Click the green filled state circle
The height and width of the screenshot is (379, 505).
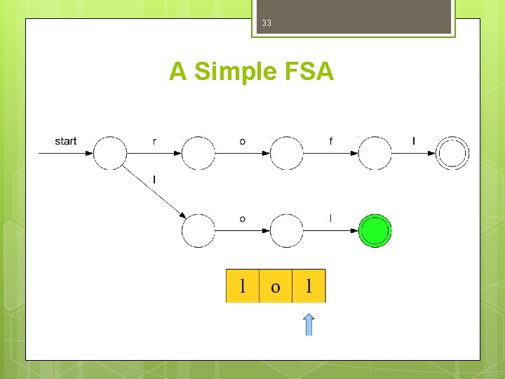(x=375, y=230)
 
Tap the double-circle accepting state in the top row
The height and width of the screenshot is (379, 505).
(x=452, y=153)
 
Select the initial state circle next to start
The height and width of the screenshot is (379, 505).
(x=110, y=153)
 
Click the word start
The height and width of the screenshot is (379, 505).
(x=66, y=141)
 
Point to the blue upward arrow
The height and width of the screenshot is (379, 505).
(x=309, y=324)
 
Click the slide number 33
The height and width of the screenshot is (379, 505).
(x=267, y=23)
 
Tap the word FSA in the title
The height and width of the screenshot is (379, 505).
(x=306, y=72)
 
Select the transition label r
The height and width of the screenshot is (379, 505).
(x=154, y=142)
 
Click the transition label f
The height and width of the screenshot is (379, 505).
(x=331, y=142)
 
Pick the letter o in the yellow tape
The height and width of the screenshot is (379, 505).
(x=276, y=286)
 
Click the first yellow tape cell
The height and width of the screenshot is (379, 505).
(x=243, y=286)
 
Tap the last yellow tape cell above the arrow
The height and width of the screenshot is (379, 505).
(x=309, y=286)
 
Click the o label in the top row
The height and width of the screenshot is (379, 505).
(x=243, y=142)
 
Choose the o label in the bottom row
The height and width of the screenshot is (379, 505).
(x=243, y=219)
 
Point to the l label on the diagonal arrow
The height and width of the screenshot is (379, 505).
(x=154, y=180)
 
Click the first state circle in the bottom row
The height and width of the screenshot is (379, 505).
(x=198, y=230)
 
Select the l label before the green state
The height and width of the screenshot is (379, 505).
(x=331, y=219)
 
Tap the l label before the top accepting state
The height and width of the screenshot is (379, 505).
(x=414, y=142)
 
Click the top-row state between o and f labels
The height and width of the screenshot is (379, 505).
(x=287, y=153)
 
